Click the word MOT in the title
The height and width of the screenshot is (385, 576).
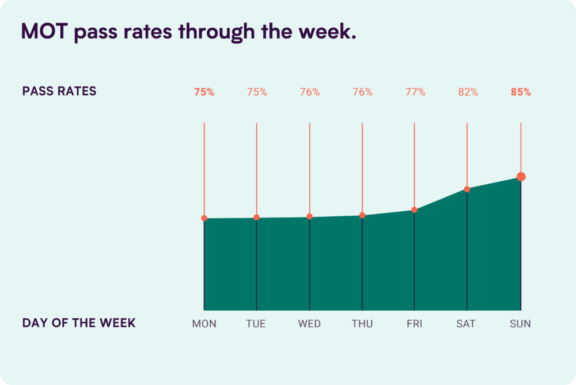(x=45, y=32)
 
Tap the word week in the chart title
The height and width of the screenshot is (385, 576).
(x=330, y=32)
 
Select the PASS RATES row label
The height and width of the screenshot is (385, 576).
(x=59, y=92)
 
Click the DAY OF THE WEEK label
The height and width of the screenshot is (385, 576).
(x=79, y=323)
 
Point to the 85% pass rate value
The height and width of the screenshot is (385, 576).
(x=521, y=92)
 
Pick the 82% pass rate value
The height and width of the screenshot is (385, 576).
(x=467, y=92)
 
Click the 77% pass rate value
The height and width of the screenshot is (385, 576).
(x=415, y=92)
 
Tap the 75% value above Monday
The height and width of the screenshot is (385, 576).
(x=204, y=92)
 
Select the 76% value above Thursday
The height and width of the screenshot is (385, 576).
(x=362, y=92)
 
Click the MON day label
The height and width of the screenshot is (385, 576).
(x=204, y=324)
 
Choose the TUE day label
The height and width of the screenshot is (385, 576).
(x=256, y=324)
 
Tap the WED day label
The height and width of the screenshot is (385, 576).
(x=309, y=324)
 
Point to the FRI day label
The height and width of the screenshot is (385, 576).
(x=414, y=324)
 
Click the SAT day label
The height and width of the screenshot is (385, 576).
(x=466, y=324)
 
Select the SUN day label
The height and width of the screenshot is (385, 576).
(x=520, y=324)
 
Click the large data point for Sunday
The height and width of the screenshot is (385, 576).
(x=521, y=177)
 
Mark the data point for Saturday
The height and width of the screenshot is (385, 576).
(x=467, y=189)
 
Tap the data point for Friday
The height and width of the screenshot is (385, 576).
(x=414, y=210)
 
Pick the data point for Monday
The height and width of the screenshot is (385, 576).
(x=204, y=218)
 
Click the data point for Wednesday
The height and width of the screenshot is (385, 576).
(x=310, y=216)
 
